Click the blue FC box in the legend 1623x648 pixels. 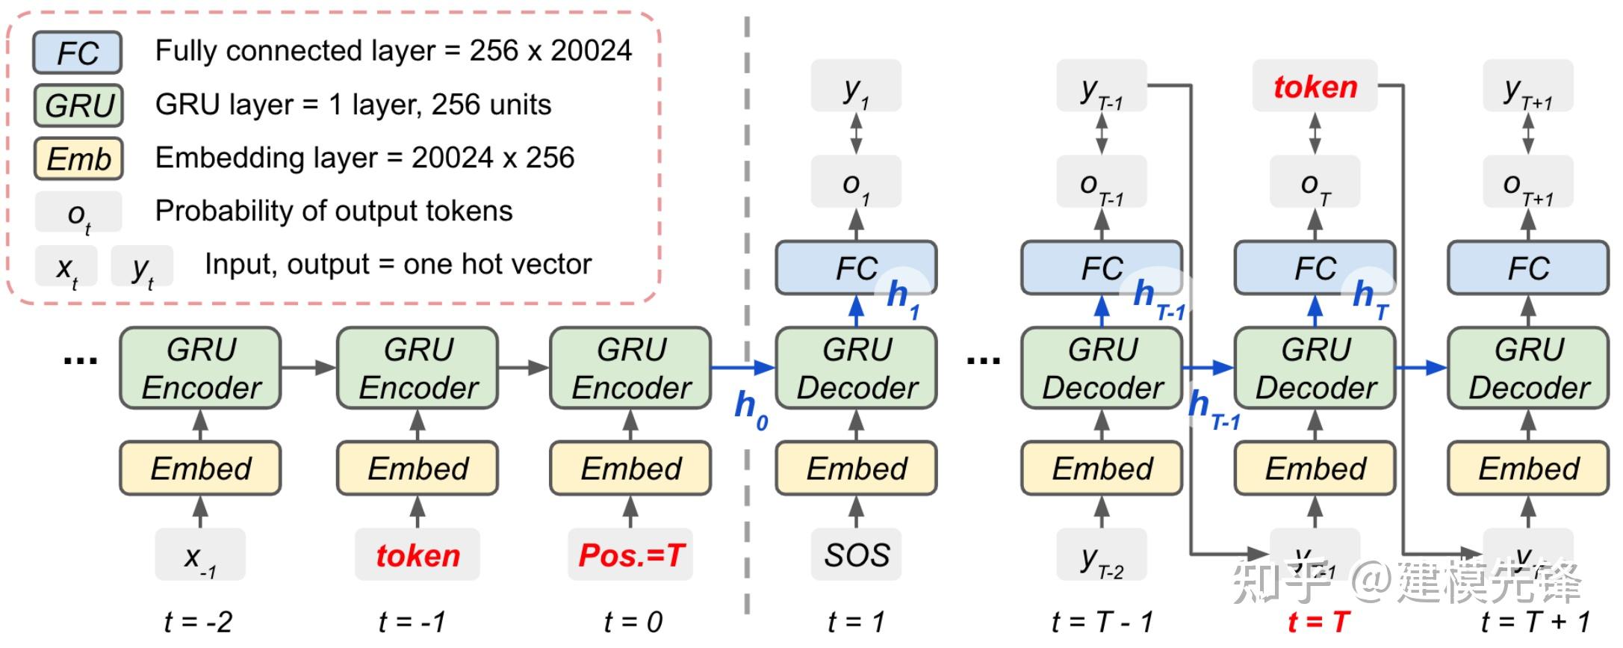77,52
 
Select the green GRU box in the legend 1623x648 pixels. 78,105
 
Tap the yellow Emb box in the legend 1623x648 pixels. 78,158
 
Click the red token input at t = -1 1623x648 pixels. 418,555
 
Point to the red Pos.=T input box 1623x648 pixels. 631,555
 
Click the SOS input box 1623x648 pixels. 856,555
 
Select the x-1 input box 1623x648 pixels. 200,555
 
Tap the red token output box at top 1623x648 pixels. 1315,87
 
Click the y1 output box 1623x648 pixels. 856,87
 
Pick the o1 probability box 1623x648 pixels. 856,182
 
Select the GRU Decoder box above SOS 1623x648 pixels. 856,368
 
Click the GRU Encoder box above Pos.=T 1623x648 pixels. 631,368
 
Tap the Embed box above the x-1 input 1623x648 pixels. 200,469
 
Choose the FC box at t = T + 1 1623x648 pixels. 1528,268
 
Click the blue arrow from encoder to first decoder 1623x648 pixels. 743,367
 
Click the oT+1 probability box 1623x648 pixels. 1528,182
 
